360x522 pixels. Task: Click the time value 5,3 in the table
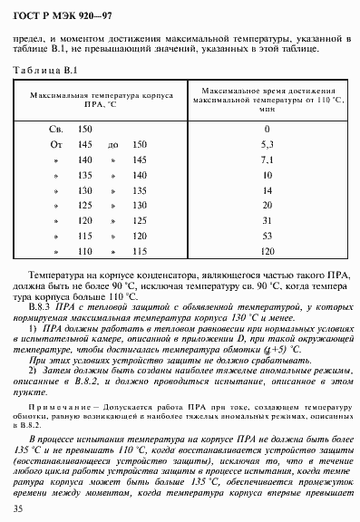[x=267, y=144]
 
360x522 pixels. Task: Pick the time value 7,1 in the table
[x=267, y=159]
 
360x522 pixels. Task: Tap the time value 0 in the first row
[x=267, y=130]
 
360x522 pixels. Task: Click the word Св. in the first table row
[x=55, y=130]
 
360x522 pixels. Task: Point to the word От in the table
[x=55, y=144]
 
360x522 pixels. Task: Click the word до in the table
[x=112, y=144]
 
